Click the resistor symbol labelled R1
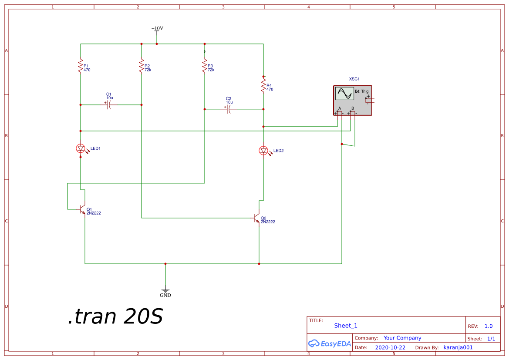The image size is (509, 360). [x=81, y=66]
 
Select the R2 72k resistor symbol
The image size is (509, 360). [x=142, y=66]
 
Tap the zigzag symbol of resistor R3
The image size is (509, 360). [x=205, y=66]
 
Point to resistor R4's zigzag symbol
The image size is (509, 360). [x=263, y=86]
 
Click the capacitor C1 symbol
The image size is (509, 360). [x=109, y=105]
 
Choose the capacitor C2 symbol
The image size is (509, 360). [x=229, y=109]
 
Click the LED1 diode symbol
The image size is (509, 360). [x=81, y=149]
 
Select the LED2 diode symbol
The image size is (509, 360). [x=264, y=151]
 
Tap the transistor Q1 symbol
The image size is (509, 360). [x=82, y=209]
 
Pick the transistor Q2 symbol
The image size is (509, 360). [x=256, y=218]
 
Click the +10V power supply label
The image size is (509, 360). [x=157, y=29]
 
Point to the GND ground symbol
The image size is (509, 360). [x=165, y=291]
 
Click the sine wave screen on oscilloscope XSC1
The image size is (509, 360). [x=344, y=94]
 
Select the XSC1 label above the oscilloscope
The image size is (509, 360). [x=354, y=79]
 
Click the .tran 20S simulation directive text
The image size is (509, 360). [x=115, y=316]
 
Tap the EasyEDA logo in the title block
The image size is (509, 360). [x=330, y=343]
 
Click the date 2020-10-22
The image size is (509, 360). [x=390, y=347]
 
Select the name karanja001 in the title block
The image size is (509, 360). [x=458, y=347]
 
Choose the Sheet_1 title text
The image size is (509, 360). [x=346, y=326]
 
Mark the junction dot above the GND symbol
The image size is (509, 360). [x=165, y=264]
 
